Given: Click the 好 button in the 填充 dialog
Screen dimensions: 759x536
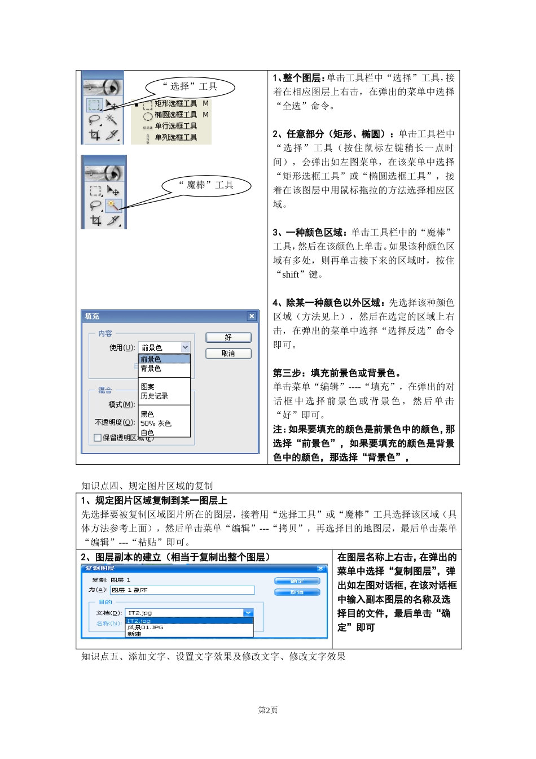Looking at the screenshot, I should click(x=228, y=337).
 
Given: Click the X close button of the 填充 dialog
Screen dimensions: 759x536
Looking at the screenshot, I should click(x=252, y=316).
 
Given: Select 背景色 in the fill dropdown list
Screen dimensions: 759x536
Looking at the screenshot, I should click(x=151, y=368).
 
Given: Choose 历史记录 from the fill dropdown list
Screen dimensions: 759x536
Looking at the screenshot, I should click(x=155, y=396).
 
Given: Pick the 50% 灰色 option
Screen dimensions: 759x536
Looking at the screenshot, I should click(x=156, y=423).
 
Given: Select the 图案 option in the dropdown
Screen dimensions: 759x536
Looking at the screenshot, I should click(x=148, y=387).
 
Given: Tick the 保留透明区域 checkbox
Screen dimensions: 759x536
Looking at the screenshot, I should click(x=98, y=438).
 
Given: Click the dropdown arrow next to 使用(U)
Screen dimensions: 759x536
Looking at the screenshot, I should click(x=185, y=347).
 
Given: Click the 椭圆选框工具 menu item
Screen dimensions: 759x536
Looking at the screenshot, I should click(x=176, y=115).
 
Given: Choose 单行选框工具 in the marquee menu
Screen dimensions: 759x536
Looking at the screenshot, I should click(x=176, y=126).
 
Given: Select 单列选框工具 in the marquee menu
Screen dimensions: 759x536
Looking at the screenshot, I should click(x=176, y=137).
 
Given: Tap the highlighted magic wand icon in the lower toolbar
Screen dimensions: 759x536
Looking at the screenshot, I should click(x=112, y=204).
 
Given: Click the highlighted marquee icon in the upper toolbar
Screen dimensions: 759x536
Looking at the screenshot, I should click(x=94, y=105).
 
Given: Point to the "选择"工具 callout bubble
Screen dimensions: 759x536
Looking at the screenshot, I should click(x=190, y=86).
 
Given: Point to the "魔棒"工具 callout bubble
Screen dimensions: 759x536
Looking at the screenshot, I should click(x=206, y=185).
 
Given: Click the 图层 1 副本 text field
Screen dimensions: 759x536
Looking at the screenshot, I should click(x=182, y=590).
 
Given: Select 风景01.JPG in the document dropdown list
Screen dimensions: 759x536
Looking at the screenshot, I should click(x=145, y=627).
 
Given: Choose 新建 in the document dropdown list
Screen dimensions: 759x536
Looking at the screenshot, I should click(x=134, y=634).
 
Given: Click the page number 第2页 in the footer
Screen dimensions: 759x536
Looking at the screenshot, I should click(x=268, y=710).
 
